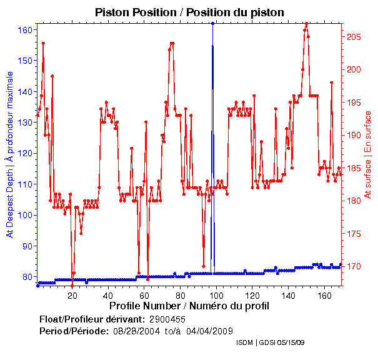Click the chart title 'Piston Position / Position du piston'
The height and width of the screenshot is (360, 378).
189,12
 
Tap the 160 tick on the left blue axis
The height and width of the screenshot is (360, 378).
25,30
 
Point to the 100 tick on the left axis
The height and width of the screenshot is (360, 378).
25,215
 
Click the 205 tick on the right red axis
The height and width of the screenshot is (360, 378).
354,37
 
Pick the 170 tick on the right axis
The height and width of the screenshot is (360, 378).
354,267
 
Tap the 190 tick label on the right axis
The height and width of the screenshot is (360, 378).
354,135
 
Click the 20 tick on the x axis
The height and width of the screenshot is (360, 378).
72,295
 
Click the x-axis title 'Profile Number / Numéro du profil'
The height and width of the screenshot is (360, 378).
189,306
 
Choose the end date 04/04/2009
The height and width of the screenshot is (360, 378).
210,331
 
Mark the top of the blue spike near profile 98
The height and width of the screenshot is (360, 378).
213,23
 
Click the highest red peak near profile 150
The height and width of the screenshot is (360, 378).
306,24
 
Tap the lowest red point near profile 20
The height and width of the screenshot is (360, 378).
72,286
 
